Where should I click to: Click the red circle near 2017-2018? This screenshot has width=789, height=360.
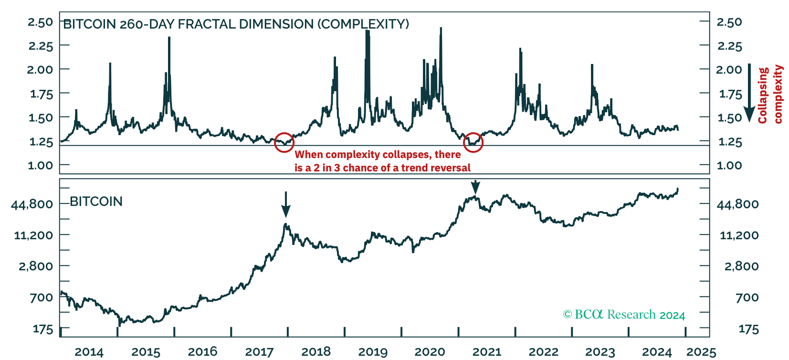point(284,142)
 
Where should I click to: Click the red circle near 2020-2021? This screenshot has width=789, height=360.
point(473,142)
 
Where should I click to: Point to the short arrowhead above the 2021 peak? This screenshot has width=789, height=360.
point(475,187)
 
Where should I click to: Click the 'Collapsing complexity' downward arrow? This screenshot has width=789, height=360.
point(749,93)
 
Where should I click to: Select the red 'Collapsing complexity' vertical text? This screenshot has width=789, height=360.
point(770,95)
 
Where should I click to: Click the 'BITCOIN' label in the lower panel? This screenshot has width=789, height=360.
point(96,201)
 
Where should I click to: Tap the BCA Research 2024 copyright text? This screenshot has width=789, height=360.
point(624,315)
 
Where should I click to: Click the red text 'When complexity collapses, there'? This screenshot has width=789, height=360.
point(378,155)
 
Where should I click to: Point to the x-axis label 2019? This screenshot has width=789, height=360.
point(373,352)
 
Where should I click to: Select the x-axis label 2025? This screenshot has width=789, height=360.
point(701,352)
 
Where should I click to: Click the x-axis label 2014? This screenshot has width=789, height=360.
point(89,352)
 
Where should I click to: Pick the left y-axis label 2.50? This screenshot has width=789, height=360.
point(41,22)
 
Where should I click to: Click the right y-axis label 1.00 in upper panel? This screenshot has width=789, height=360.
point(729,166)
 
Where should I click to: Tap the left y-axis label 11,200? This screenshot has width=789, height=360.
point(34,235)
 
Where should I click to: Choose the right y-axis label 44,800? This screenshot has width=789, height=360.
point(737,204)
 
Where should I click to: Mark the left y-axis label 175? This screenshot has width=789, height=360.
point(43,329)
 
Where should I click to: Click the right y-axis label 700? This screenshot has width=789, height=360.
point(747,297)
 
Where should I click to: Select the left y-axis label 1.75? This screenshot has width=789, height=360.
point(42,94)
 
